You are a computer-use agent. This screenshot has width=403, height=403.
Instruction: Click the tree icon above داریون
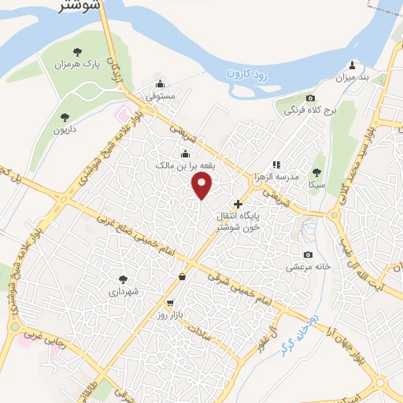pos(65,117)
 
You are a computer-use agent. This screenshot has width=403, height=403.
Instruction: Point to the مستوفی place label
pos(160,96)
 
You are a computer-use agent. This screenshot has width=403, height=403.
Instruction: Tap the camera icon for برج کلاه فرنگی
pos(310,98)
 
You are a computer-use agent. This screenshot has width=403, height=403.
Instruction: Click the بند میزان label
pos(353,77)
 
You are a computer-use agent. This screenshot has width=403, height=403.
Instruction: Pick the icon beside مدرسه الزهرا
pos(276,165)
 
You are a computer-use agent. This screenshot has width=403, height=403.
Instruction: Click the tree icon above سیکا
pos(316,172)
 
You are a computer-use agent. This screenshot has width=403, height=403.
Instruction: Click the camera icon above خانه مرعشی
pos(308,255)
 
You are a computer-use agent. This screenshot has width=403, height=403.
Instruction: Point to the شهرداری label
pos(123,291)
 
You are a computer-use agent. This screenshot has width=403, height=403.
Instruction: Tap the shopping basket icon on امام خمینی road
pos(183,276)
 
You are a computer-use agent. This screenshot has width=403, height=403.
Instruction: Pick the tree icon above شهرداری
pos(123,279)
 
